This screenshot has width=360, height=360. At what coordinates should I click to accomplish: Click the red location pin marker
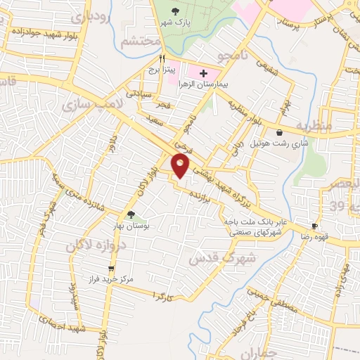(181, 166)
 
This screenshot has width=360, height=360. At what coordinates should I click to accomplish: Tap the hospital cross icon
(204, 72)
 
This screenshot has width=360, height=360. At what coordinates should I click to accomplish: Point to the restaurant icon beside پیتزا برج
(162, 59)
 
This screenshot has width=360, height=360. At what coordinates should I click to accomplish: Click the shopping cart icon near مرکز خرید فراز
(110, 269)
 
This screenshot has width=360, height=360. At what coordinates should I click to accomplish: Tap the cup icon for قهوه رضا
(315, 226)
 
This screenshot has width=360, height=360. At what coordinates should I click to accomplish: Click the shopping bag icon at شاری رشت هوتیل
(281, 132)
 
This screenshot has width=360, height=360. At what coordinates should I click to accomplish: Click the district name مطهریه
(312, 125)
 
